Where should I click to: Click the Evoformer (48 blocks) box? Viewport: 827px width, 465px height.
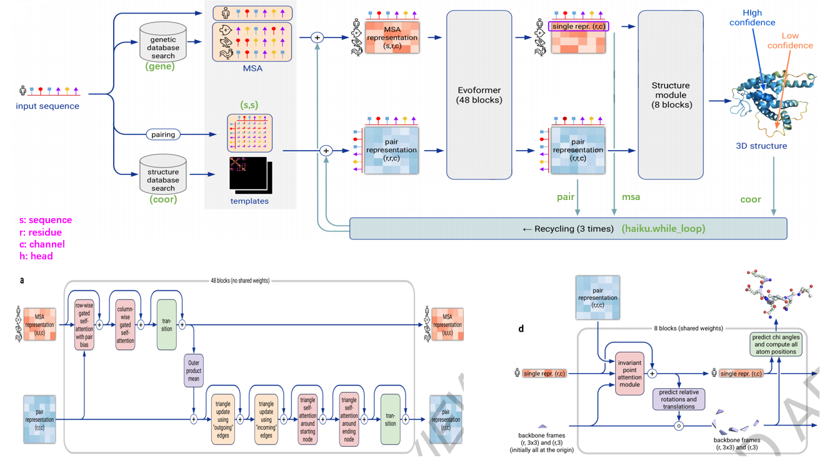pos(479,94)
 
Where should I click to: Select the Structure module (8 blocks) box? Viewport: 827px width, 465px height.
pos(670,94)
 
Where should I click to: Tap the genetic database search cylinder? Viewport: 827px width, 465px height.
pos(163,42)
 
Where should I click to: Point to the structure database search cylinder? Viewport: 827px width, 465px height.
pos(163,175)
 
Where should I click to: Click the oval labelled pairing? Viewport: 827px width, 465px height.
pos(163,134)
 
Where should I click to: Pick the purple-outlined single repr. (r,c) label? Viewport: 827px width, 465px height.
pos(578,27)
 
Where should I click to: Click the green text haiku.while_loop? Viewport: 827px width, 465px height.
pos(663,229)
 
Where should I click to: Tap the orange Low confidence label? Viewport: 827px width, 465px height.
pos(789,41)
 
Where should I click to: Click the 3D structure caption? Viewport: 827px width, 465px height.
pos(761,146)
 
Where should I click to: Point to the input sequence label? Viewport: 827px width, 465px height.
pos(48,106)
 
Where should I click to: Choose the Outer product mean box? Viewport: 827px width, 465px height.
pos(194,371)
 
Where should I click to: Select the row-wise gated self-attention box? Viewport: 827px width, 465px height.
pos(84,324)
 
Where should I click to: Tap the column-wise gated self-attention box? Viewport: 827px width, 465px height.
pos(125,324)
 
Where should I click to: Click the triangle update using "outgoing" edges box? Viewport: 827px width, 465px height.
pos(223,419)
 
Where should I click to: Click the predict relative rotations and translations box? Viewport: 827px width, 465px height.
pos(678,399)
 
